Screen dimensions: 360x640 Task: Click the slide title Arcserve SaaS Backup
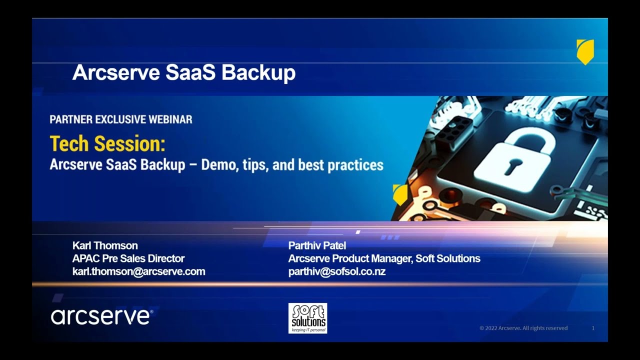184,72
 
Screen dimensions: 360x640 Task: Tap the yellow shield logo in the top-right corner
585,51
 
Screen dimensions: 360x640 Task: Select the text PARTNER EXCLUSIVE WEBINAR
121,119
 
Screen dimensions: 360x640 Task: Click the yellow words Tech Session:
107,144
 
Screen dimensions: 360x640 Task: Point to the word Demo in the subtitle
219,165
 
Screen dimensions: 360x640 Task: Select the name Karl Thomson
105,245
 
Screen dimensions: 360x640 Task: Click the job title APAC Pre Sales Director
128,258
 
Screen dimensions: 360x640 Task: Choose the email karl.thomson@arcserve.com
138,271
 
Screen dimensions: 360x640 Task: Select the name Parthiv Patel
317,245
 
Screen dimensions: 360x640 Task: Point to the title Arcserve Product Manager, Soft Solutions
384,258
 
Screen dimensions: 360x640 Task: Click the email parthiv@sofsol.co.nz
336,271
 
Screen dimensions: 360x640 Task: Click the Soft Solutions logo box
307,318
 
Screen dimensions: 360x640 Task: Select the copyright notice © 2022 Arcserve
523,328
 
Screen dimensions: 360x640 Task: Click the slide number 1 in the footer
593,328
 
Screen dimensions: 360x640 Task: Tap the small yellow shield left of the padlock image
400,194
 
